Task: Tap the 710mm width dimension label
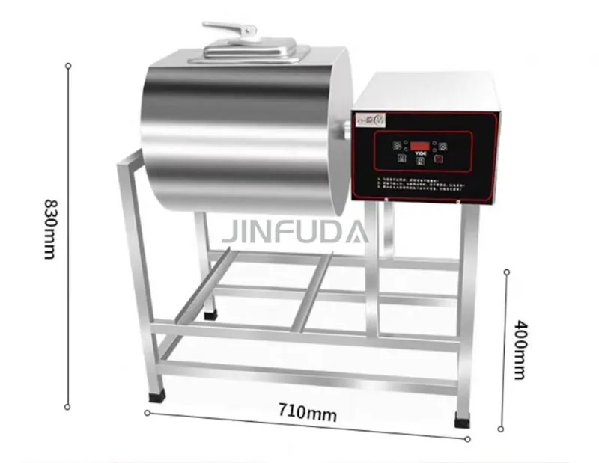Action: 308,411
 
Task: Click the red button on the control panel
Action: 440,158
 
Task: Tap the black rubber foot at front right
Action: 463,417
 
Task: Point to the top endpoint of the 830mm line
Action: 68,65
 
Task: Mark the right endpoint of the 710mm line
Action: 468,438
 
